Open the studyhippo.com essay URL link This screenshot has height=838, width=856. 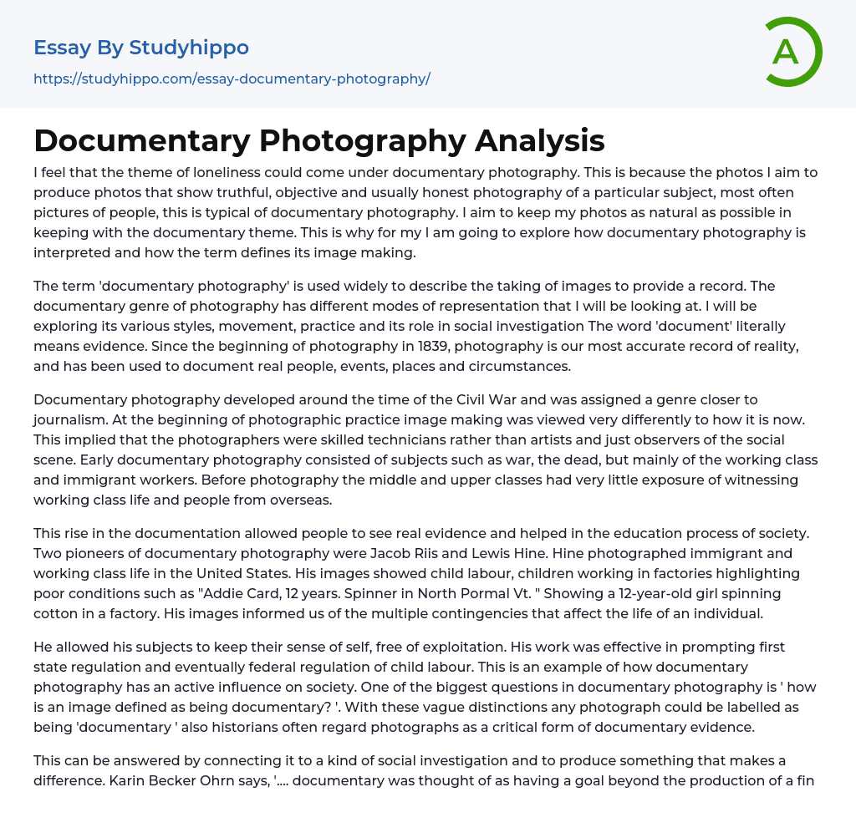coord(232,79)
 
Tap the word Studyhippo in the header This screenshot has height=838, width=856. coord(189,48)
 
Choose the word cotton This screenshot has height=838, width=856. coord(55,613)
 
